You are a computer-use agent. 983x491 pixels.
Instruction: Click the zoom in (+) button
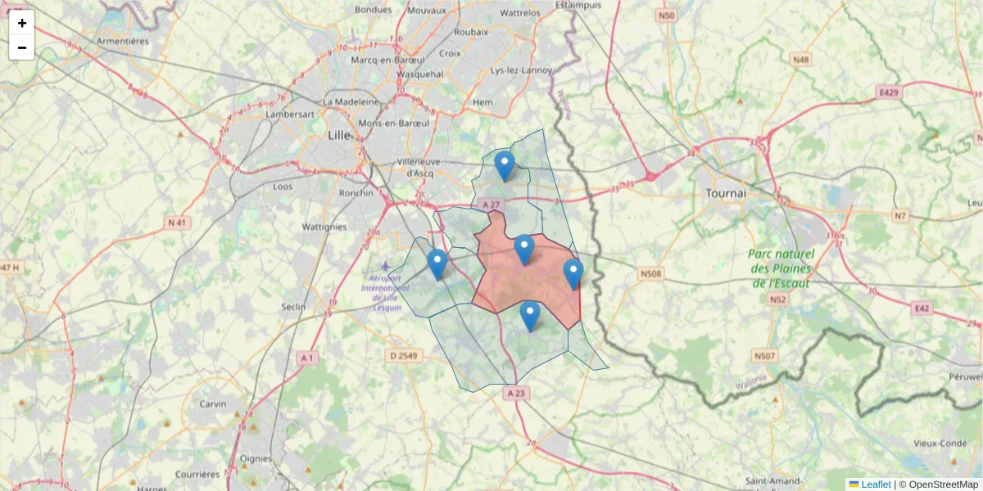(x=22, y=23)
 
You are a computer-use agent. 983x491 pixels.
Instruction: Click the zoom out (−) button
(x=22, y=47)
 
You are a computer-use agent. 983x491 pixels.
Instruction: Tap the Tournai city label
(x=725, y=194)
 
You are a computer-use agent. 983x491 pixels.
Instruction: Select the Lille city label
(x=337, y=135)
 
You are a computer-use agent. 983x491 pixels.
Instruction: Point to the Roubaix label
(x=471, y=31)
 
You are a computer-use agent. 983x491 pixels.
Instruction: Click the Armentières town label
(x=121, y=40)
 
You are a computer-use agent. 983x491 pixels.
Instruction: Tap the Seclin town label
(x=292, y=307)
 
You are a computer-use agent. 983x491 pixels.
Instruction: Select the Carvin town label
(x=213, y=403)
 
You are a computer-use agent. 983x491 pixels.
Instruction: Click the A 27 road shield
(x=491, y=205)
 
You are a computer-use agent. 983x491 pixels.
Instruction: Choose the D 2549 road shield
(x=404, y=355)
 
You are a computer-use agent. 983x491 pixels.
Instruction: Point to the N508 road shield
(x=650, y=273)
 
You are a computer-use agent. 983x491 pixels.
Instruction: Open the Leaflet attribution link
(x=875, y=484)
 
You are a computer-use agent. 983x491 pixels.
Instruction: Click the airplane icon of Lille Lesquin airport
(x=386, y=266)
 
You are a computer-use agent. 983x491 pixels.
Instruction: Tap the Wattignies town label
(x=325, y=226)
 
